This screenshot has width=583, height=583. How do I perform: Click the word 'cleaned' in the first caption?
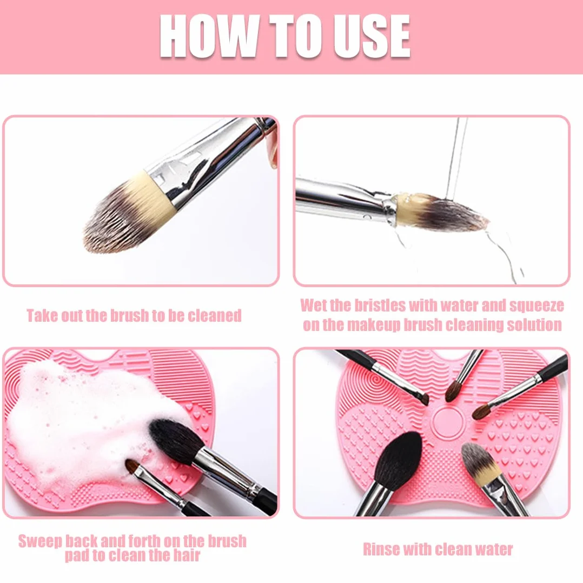215,316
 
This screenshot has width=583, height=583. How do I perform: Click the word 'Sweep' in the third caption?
40,541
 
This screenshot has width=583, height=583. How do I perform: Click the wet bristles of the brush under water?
442,213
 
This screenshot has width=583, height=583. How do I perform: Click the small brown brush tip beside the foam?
132,466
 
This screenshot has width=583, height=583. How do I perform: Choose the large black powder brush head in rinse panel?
398,460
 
